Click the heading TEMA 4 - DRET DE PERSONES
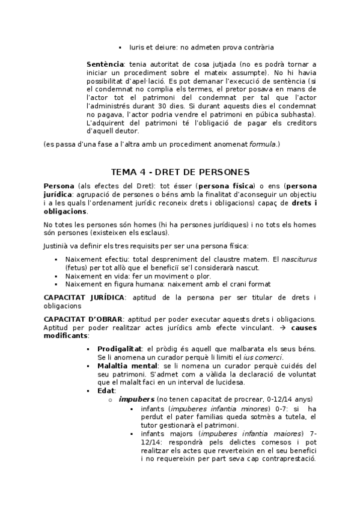[180, 172]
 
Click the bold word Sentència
[105, 64]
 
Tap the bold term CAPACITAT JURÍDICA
[84, 298]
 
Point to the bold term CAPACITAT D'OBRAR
[84, 319]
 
